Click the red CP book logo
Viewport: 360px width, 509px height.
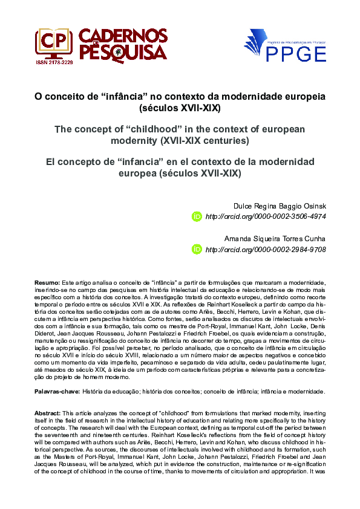pyautogui.click(x=54, y=41)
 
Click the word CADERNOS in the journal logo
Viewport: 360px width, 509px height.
pyautogui.click(x=123, y=36)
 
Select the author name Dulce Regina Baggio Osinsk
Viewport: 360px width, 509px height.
pyautogui.click(x=275, y=205)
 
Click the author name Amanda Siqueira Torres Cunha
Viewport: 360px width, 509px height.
pyautogui.click(x=275, y=238)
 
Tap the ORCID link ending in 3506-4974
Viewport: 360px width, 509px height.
pyautogui.click(x=266, y=216)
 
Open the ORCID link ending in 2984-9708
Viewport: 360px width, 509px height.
pyautogui.click(x=266, y=249)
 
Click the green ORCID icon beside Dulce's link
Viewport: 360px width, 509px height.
pyautogui.click(x=197, y=216)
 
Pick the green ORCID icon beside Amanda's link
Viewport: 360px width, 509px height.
pyautogui.click(x=197, y=249)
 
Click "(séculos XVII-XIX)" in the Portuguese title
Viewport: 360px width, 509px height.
pyautogui.click(x=180, y=108)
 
